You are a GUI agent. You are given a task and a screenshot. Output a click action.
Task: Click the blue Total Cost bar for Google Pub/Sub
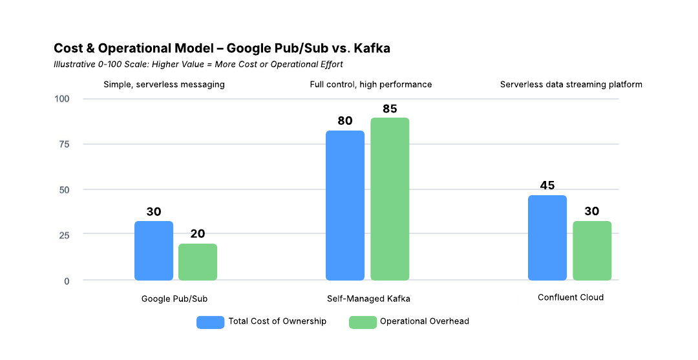click(154, 251)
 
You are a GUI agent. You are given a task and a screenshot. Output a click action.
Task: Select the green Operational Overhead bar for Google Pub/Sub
click(198, 262)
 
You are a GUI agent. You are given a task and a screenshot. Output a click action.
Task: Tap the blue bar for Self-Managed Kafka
click(345, 206)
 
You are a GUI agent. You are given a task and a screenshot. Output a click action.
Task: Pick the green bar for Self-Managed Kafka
click(390, 199)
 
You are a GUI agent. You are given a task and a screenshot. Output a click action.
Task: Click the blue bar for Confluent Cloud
click(547, 238)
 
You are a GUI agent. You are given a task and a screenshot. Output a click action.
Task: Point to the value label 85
click(390, 109)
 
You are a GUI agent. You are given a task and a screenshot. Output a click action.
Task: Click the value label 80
click(345, 121)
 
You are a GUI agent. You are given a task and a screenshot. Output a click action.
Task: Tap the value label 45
click(547, 185)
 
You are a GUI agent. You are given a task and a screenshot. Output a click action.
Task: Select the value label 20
click(198, 234)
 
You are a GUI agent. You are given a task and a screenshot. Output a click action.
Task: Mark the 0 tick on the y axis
click(67, 281)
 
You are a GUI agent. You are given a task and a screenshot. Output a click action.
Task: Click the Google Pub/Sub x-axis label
click(174, 299)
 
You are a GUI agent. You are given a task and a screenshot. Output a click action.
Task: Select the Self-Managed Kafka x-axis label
click(368, 299)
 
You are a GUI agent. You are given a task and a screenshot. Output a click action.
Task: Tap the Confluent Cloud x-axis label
click(571, 297)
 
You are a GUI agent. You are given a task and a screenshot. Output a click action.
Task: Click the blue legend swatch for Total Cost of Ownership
click(210, 322)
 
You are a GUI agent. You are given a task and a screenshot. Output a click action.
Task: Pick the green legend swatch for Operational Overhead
click(363, 322)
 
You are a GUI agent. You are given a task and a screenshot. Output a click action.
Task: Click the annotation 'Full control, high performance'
click(371, 85)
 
